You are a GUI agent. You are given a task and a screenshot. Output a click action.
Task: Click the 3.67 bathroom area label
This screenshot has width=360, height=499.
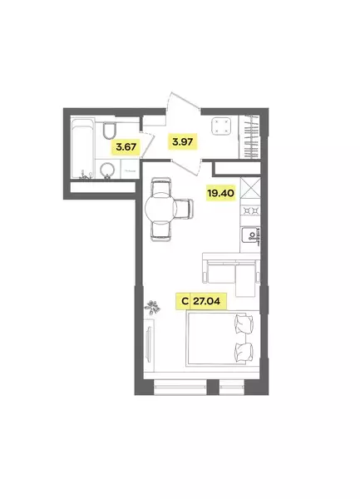pyautogui.click(x=126, y=147)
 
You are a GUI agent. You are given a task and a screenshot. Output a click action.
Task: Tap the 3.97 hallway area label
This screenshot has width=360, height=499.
pyautogui.click(x=183, y=141)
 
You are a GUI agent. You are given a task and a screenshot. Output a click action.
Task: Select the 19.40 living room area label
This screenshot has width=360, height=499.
pyautogui.click(x=220, y=193)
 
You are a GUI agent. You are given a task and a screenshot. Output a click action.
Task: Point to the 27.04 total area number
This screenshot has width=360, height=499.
pyautogui.click(x=207, y=301)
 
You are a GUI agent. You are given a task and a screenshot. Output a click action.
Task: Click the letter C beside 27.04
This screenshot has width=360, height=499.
pyautogui.click(x=185, y=301)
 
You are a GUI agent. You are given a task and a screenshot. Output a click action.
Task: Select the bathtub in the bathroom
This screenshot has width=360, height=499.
pyautogui.click(x=82, y=148)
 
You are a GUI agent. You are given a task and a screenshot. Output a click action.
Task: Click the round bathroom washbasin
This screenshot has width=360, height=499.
pyautogui.click(x=107, y=170)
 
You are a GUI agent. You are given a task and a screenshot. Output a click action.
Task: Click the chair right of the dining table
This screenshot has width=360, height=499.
pyautogui.click(x=185, y=209)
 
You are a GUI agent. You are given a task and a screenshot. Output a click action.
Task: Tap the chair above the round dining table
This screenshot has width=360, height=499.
pyautogui.click(x=161, y=186)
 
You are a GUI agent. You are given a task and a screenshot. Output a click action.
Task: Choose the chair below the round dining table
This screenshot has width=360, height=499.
pyautogui.click(x=161, y=231)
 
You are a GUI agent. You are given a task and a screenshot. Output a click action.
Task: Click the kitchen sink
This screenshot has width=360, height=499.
pyautogui.click(x=250, y=235)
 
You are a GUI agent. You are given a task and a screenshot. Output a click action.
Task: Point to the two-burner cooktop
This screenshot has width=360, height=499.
pyautogui.click(x=250, y=210)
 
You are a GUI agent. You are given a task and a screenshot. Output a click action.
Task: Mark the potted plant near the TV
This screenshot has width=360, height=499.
pyautogui.click(x=152, y=307)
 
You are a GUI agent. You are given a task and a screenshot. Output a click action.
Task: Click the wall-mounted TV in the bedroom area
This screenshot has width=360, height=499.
pyautogui.click(x=148, y=344)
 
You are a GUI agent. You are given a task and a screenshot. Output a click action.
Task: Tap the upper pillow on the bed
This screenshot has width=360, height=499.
pyautogui.click(x=244, y=324)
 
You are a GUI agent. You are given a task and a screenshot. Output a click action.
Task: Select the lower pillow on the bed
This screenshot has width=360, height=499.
pyautogui.click(x=244, y=353)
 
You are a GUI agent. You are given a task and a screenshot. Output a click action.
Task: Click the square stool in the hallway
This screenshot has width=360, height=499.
pyautogui.click(x=221, y=126)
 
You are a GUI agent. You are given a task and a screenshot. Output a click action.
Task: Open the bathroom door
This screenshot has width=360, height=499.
pyautogui.click(x=147, y=143)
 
